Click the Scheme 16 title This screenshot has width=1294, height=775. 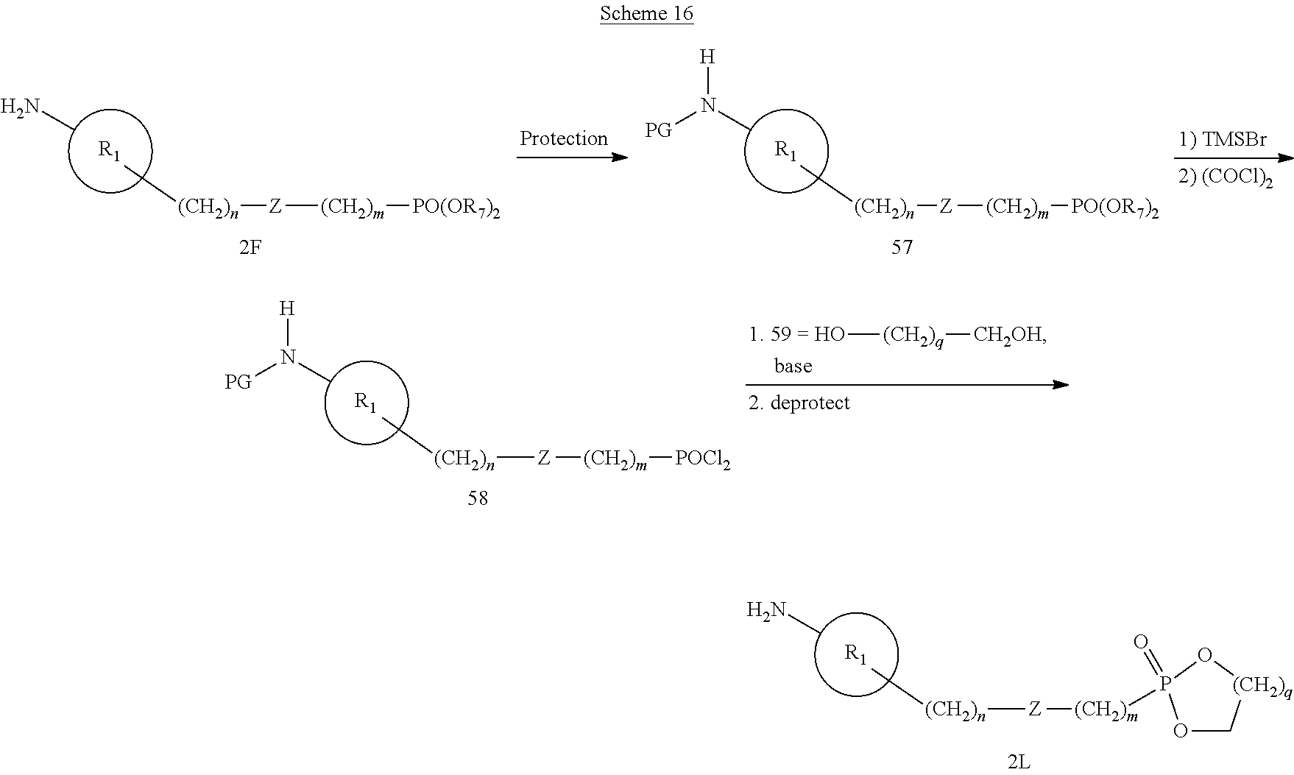tap(646, 13)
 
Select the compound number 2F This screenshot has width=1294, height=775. tap(250, 247)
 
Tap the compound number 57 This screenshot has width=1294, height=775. tap(902, 247)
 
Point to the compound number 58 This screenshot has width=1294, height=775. tap(478, 498)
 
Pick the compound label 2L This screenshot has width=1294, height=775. tap(1019, 762)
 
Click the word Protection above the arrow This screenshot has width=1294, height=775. tap(564, 138)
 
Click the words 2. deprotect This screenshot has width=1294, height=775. tap(799, 403)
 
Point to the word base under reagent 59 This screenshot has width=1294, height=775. tap(793, 366)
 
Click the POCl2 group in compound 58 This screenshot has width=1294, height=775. tap(702, 460)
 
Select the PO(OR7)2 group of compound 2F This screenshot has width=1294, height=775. tap(456, 209)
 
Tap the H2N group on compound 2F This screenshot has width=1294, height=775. tap(21, 107)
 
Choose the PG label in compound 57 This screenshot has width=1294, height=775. tap(659, 131)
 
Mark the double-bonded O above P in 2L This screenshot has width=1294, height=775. tap(1141, 643)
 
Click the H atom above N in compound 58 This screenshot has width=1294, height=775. tap(287, 309)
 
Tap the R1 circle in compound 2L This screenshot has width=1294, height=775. tap(856, 654)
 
